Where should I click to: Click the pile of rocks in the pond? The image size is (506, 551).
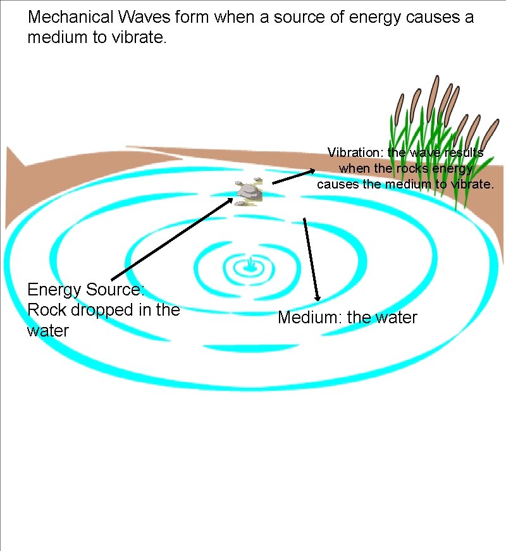click(x=249, y=190)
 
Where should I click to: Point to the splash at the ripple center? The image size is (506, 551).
click(x=252, y=265)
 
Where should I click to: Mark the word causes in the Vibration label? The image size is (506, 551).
click(x=339, y=184)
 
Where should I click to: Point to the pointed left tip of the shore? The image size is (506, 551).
click(x=8, y=149)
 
